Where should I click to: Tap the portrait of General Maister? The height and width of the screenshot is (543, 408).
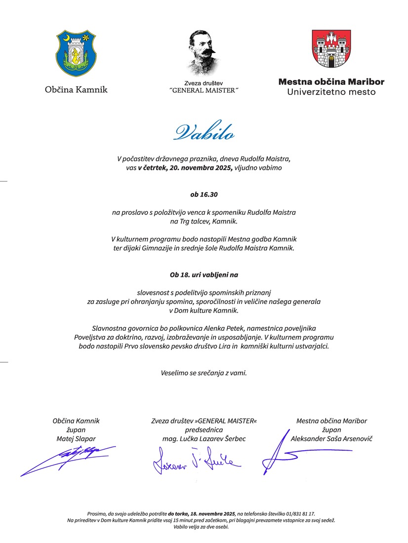click(x=204, y=52)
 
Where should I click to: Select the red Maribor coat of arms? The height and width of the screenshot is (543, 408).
click(x=331, y=49)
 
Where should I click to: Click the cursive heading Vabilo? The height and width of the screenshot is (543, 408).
click(x=204, y=133)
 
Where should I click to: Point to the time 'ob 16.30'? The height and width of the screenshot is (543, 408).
click(x=204, y=194)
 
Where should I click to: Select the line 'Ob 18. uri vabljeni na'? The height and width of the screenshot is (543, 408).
click(x=204, y=274)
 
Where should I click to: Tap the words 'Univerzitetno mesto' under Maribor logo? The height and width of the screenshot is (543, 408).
click(x=331, y=92)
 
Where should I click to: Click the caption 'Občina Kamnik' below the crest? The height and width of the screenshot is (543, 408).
click(x=76, y=90)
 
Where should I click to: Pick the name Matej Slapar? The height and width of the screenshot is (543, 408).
click(x=76, y=438)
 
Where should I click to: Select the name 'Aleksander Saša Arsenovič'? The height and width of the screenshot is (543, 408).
click(x=331, y=438)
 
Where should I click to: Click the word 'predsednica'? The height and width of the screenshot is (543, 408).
click(x=204, y=429)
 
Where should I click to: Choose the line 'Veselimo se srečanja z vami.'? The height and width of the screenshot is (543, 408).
click(x=204, y=372)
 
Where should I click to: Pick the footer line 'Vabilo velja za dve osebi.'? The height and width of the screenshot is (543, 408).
click(x=204, y=527)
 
